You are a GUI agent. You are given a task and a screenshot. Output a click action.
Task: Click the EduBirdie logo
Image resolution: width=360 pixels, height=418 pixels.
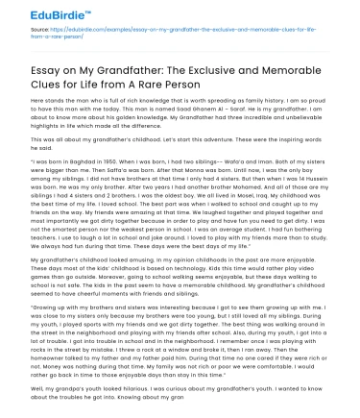pyautogui.click(x=43, y=16)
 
